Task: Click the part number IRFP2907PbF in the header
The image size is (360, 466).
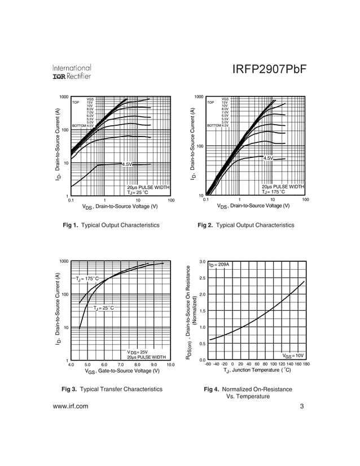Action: pos(269,69)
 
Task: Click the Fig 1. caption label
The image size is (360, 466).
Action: pos(73,225)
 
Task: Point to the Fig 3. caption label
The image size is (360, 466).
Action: pos(73,389)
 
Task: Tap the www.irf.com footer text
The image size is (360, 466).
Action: pos(71,406)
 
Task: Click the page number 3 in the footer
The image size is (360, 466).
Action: pos(302,406)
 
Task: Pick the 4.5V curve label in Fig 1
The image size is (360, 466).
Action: pos(126,164)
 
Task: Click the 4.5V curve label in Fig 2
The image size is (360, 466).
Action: pos(267,159)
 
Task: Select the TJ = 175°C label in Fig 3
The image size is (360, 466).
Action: pos(87,279)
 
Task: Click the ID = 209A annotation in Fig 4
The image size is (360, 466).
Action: pos(219,265)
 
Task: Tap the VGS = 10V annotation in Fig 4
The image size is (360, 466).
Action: pos(293,355)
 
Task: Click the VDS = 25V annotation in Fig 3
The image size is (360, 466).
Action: pos(137,352)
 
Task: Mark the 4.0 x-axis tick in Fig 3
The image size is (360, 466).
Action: pos(71,365)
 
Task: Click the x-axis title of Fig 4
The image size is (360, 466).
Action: pos(257,371)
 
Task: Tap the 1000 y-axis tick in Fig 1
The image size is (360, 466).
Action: pos(63,97)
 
